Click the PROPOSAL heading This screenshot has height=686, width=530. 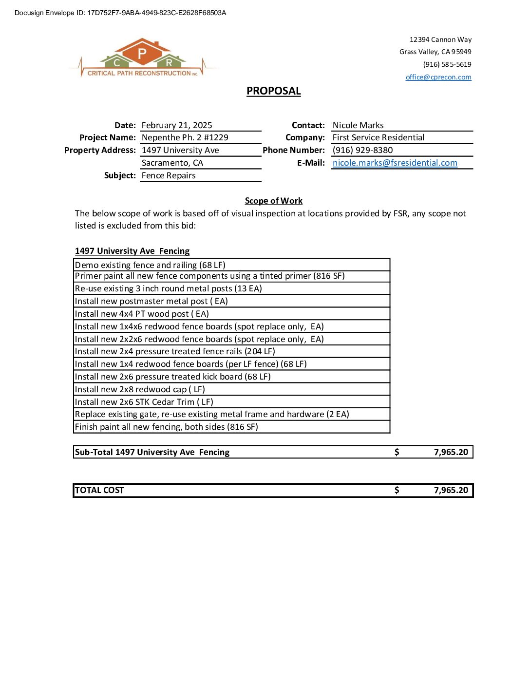point(273,91)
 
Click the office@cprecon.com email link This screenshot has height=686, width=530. point(438,77)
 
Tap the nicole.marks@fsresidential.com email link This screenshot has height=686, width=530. point(395,163)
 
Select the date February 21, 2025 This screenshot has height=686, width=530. point(177,125)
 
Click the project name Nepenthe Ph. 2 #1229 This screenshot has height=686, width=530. point(185,137)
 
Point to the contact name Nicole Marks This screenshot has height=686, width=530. point(358,125)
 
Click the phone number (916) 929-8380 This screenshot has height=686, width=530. point(362,150)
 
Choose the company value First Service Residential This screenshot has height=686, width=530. point(378,137)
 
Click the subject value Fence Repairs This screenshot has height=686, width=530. point(169,175)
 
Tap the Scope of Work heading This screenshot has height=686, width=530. point(273,201)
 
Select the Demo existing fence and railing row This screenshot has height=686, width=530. point(150,265)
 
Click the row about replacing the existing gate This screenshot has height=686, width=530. point(212,414)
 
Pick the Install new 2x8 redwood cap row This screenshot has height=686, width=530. point(140,389)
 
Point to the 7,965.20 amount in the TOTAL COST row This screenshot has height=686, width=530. point(451,490)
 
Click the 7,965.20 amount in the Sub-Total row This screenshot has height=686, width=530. point(451,452)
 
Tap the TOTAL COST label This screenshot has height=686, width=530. point(99,490)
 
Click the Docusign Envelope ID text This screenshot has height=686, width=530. point(120,13)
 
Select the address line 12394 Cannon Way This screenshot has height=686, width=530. point(440,39)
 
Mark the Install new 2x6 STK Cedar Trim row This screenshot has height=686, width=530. point(144,402)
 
